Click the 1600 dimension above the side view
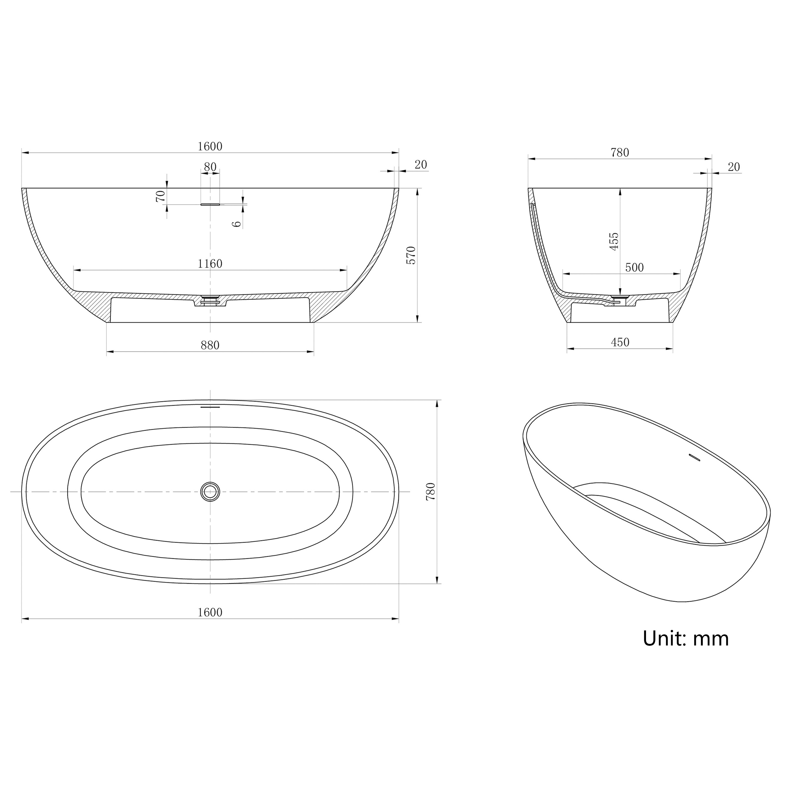pyautogui.click(x=210, y=146)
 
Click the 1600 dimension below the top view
pyautogui.click(x=210, y=612)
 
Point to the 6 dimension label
pyautogui.click(x=237, y=224)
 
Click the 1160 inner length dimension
pyautogui.click(x=210, y=263)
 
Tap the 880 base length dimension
pyautogui.click(x=210, y=346)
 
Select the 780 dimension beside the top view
pyautogui.click(x=430, y=491)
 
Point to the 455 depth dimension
pyautogui.click(x=614, y=242)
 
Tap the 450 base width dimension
pyautogui.click(x=620, y=342)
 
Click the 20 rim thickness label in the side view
pyautogui.click(x=421, y=164)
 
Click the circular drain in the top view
pyautogui.click(x=210, y=491)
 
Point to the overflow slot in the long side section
pyautogui.click(x=210, y=204)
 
